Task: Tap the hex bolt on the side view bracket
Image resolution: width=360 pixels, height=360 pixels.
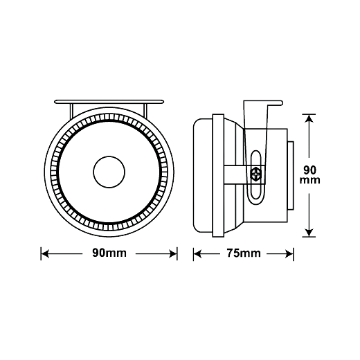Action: click(255, 174)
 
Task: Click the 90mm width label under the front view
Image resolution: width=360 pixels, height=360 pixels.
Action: click(109, 253)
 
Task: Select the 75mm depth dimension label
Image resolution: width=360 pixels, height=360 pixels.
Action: click(244, 253)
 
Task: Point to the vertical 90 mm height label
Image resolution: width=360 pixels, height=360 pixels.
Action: click(309, 174)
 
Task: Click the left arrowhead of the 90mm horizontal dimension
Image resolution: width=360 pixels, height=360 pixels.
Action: click(45, 254)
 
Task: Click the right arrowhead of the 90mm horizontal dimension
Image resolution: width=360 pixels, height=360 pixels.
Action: click(173, 254)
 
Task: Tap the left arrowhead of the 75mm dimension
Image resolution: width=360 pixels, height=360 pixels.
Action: click(197, 254)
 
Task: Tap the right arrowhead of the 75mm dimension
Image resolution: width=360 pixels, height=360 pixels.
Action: click(289, 254)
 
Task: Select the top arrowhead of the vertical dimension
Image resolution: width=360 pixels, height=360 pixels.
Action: click(309, 118)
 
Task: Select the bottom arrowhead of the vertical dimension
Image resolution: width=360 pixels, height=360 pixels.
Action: click(309, 233)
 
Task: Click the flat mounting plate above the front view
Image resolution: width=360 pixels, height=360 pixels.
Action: click(109, 102)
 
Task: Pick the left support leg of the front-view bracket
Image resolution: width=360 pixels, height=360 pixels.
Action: click(71, 111)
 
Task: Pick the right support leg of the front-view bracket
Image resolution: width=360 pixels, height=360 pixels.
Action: click(145, 111)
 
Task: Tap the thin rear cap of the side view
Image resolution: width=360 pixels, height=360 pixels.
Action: click(291, 176)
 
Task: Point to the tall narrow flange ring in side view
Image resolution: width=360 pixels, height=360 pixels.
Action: click(218, 175)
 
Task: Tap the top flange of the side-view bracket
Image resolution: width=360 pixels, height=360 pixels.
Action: click(275, 102)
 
